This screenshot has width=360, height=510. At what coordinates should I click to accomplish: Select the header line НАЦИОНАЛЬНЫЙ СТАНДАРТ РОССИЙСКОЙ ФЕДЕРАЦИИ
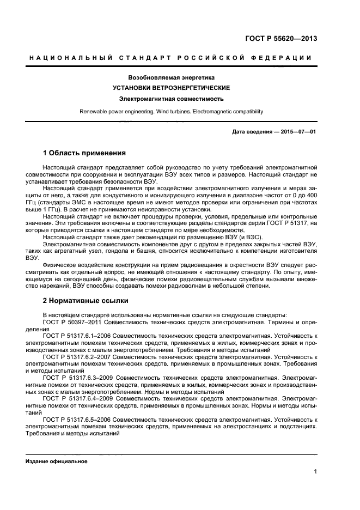171,58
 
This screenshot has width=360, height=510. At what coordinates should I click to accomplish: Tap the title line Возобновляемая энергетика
171,77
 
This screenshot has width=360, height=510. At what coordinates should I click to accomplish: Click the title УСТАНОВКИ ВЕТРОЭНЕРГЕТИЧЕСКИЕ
171,88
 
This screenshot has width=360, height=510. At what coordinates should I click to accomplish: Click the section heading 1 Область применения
84,153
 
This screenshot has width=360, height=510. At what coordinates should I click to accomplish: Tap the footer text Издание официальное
57,462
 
